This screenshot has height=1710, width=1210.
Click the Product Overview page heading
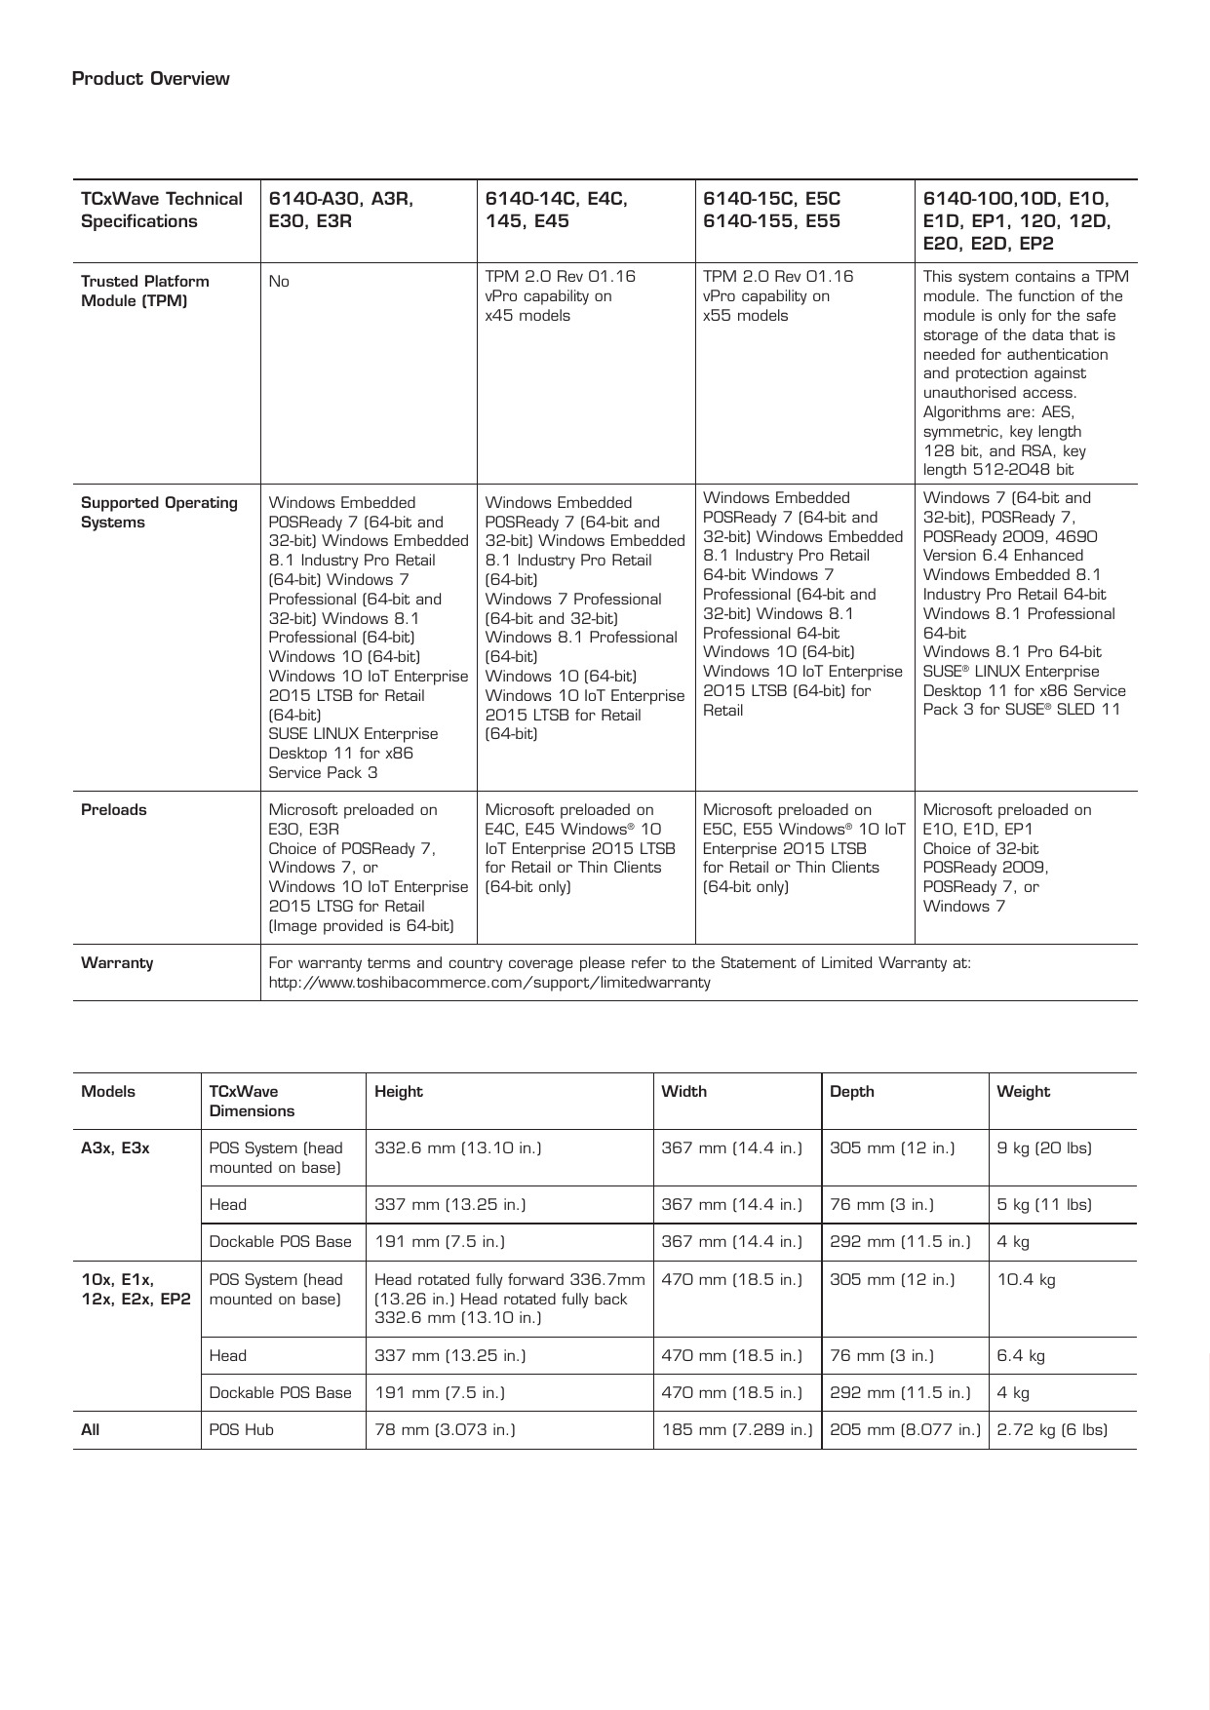[150, 79]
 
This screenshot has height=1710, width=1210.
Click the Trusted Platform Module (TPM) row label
[144, 291]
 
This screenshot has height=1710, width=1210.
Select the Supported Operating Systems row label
[159, 512]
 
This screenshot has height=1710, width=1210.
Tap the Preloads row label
[113, 810]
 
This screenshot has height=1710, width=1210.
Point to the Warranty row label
[117, 963]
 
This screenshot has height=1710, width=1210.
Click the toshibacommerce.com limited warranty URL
[489, 983]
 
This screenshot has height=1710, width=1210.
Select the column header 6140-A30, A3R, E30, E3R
[340, 210]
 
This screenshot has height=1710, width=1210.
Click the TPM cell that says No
[279, 282]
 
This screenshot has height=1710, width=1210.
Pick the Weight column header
[1023, 1092]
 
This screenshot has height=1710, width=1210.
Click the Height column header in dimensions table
[399, 1092]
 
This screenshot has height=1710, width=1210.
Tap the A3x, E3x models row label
[115, 1148]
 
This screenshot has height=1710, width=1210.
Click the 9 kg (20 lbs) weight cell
[1043, 1148]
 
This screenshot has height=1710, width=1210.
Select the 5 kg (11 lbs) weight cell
[1043, 1205]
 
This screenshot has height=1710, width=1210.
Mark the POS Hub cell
[241, 1430]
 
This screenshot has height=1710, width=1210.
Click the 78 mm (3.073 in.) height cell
[445, 1430]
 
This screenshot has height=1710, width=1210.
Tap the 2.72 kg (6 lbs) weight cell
[1052, 1430]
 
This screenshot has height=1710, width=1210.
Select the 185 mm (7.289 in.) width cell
[736, 1430]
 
